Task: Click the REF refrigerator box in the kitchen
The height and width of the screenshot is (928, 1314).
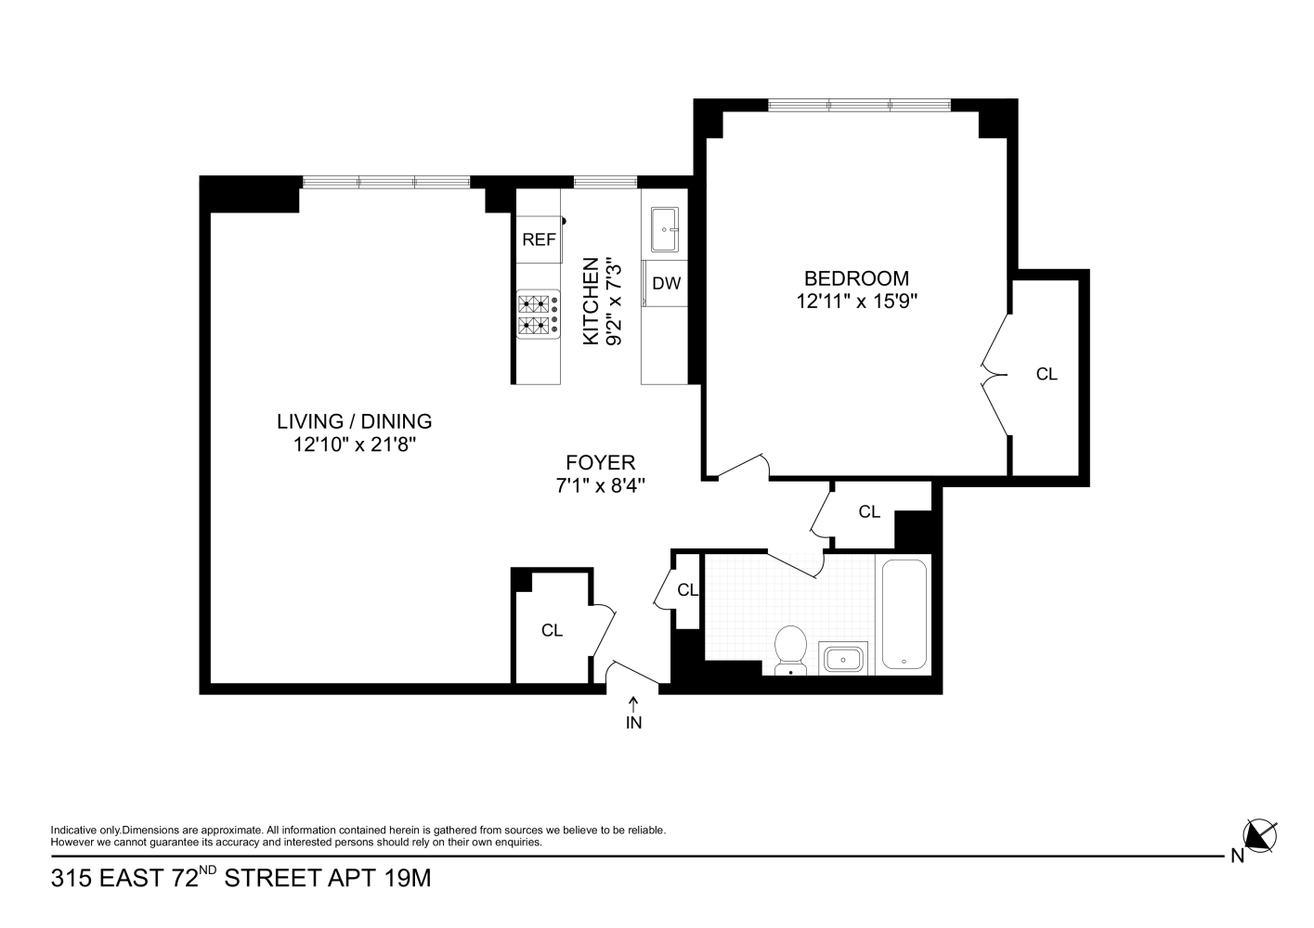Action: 539,239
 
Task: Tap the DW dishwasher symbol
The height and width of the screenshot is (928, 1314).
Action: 666,284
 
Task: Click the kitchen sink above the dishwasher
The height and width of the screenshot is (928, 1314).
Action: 664,228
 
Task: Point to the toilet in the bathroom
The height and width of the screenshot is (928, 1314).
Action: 790,648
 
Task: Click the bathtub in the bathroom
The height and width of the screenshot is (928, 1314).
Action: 903,613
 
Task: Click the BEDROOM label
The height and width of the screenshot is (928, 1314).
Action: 856,278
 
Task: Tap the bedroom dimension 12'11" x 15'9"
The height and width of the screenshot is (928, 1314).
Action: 856,301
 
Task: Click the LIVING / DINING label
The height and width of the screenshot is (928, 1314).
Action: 354,421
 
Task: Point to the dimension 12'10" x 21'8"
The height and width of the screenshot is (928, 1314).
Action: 354,445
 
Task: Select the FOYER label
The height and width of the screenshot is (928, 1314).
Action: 601,462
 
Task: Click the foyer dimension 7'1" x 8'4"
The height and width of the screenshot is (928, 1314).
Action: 601,484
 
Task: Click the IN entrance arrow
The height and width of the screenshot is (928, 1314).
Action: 633,713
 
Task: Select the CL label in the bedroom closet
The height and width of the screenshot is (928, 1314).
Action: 1047,374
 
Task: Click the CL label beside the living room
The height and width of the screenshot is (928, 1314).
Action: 552,631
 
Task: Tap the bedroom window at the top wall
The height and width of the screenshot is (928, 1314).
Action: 859,105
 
